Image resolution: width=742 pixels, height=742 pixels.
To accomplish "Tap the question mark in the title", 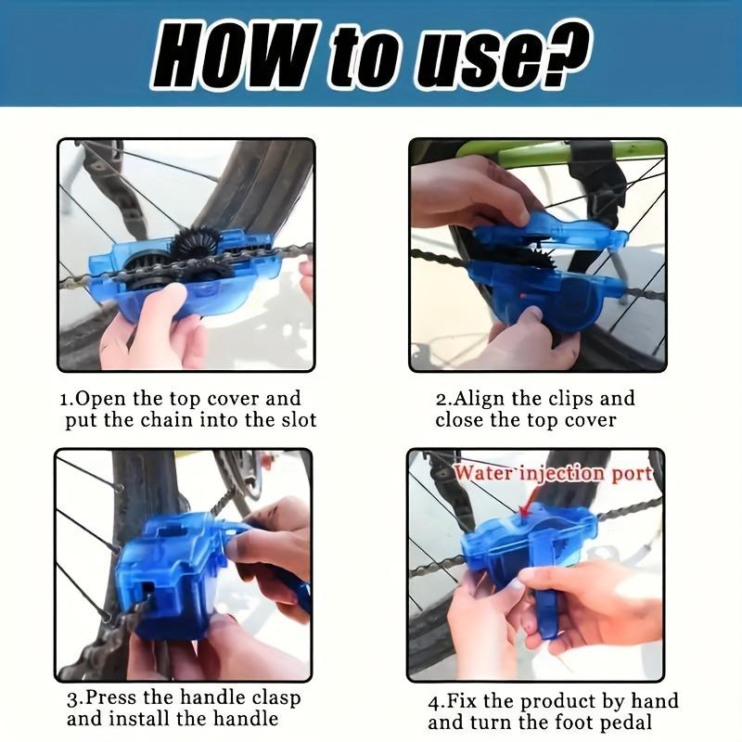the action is (x=565, y=51).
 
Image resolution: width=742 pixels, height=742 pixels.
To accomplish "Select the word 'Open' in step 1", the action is (x=100, y=399).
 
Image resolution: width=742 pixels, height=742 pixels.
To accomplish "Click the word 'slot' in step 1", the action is (x=299, y=420).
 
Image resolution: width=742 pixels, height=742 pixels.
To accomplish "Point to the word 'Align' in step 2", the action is (x=478, y=400).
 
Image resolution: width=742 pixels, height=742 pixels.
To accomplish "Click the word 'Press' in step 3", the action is (x=111, y=697).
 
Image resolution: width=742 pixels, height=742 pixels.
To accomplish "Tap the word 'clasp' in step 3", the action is (x=275, y=698).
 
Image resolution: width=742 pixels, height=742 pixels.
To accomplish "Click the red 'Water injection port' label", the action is (x=553, y=473).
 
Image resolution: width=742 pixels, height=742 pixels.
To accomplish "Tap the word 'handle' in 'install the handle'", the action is (x=246, y=719).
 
